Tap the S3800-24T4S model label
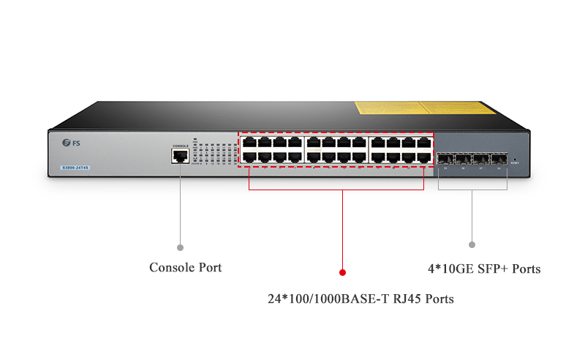pyautogui.click(x=75, y=168)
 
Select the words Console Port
pyautogui.click(x=185, y=268)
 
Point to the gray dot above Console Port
pyautogui.click(x=181, y=247)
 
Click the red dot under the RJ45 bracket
pyautogui.click(x=342, y=272)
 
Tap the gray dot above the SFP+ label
pyautogui.click(x=472, y=244)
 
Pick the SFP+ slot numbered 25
pyautogui.click(x=445, y=158)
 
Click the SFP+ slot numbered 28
pyautogui.click(x=499, y=158)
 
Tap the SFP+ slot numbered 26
pyautogui.click(x=463, y=158)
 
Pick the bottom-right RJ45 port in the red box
pyautogui.click(x=423, y=157)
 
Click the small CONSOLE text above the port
pyautogui.click(x=180, y=146)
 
